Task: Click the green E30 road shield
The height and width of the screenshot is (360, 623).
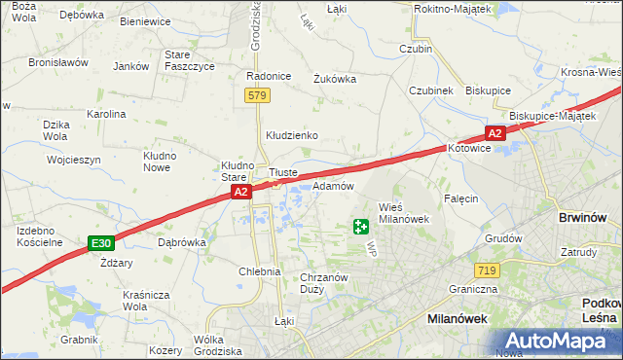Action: (x=99, y=242)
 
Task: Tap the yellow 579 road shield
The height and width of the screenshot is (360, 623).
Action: (x=257, y=95)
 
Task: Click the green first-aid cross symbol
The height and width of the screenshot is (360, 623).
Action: (x=361, y=227)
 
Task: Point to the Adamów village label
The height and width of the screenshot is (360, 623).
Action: (x=332, y=186)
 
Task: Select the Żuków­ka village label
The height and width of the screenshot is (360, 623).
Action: (x=335, y=80)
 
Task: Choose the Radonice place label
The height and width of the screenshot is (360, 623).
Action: (x=269, y=76)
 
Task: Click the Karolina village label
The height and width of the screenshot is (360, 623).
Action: (x=106, y=114)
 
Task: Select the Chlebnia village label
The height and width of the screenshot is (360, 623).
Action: (x=260, y=272)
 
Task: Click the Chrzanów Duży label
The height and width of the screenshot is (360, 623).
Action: (x=324, y=283)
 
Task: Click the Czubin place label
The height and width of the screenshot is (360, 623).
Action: (x=416, y=49)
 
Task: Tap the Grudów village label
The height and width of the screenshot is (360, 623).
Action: (x=503, y=237)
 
